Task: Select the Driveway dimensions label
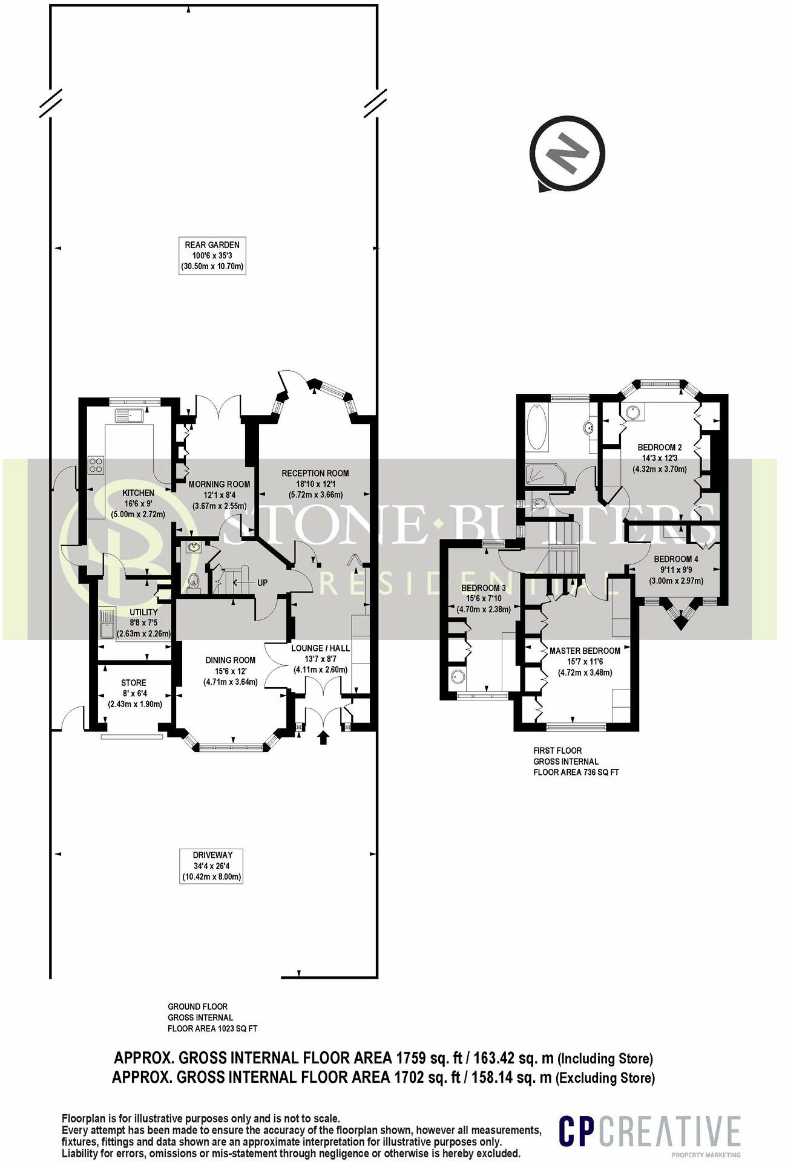tap(211, 866)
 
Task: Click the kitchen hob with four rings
tap(96, 465)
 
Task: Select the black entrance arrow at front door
tap(324, 737)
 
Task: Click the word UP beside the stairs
tap(262, 583)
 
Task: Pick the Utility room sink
tap(107, 623)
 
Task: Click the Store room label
tap(134, 694)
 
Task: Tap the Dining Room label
tap(231, 671)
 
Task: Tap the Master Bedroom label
tap(584, 662)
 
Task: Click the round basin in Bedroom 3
tap(456, 676)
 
